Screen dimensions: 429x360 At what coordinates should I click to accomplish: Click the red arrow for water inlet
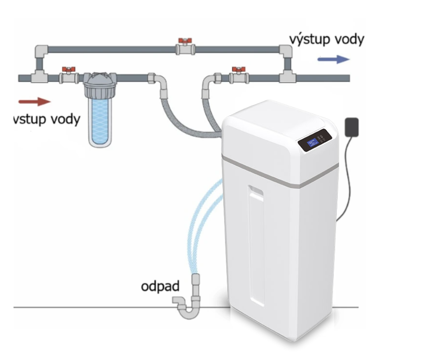pos(35,101)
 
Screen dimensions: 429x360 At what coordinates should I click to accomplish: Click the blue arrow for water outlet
pos(334,59)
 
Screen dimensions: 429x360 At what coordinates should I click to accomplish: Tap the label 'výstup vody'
pos(327,40)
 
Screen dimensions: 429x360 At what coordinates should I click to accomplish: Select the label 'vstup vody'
pos(47,119)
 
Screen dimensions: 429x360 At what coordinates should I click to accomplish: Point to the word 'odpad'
pos(160,286)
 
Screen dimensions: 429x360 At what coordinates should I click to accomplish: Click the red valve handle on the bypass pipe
pos(185,42)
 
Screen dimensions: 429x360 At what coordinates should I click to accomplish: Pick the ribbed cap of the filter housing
pos(100,79)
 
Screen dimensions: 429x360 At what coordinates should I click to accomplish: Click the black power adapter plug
pos(352,127)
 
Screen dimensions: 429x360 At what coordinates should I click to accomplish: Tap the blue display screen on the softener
pos(312,143)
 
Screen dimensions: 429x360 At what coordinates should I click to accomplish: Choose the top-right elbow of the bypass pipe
pos(286,51)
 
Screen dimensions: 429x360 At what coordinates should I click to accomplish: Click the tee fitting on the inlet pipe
pos(39,76)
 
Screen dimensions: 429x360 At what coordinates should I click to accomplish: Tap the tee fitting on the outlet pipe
pos(288,76)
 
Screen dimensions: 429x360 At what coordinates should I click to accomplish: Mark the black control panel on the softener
pos(315,140)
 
